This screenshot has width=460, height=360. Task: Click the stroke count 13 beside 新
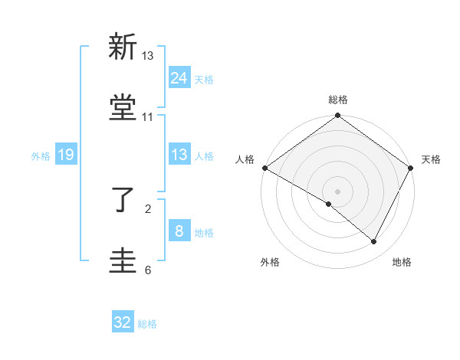(x=148, y=56)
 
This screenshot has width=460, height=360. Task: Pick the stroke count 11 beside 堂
(x=148, y=117)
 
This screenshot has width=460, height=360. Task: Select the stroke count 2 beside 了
(x=148, y=207)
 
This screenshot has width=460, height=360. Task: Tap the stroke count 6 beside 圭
(x=148, y=270)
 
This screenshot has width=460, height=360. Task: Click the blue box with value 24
(x=179, y=78)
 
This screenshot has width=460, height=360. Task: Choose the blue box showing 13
(x=179, y=155)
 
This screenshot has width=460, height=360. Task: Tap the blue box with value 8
(x=179, y=231)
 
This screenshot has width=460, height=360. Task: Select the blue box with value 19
(x=66, y=155)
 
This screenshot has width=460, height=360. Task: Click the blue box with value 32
(x=123, y=322)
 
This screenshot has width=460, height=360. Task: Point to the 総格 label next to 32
(x=148, y=324)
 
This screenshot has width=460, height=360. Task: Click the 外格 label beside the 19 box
(x=41, y=155)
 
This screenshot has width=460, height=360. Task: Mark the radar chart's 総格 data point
(x=337, y=116)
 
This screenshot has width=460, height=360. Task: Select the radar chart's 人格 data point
(x=264, y=167)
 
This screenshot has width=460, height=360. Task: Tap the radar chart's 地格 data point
(x=374, y=242)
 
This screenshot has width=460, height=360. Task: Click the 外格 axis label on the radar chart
(x=270, y=263)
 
